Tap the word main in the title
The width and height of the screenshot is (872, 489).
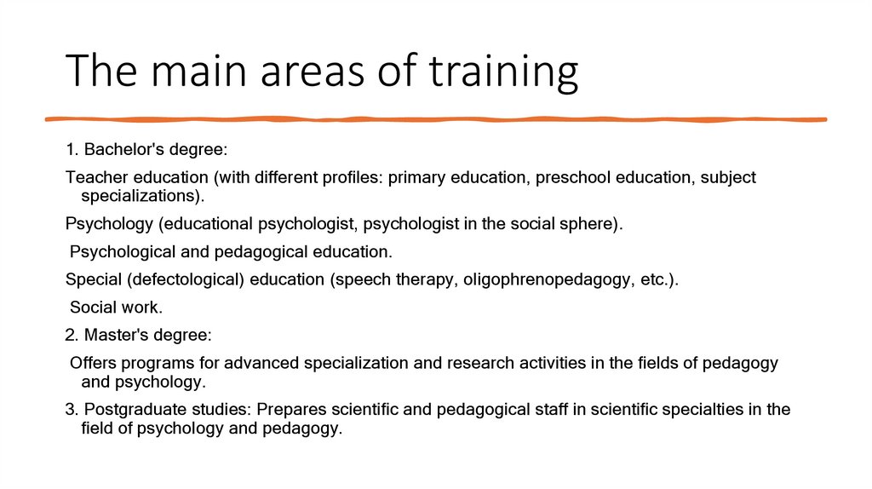click(191, 72)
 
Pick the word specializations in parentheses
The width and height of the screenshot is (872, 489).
click(142, 195)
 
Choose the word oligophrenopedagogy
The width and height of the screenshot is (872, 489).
click(544, 280)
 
